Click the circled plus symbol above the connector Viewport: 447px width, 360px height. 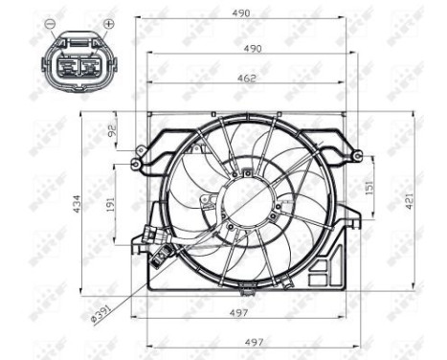pos(108,22)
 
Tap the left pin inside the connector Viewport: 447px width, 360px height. pos(69,63)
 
